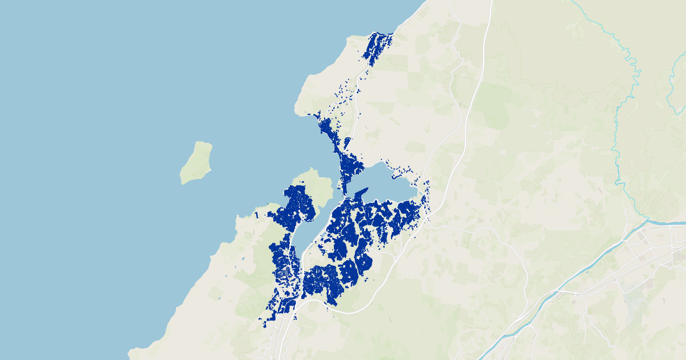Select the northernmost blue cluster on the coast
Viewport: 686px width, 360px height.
point(377,45)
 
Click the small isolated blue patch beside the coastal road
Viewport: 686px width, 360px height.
point(346,142)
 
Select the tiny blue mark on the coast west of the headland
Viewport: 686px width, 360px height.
point(257,215)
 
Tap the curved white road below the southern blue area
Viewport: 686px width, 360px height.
point(366,306)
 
